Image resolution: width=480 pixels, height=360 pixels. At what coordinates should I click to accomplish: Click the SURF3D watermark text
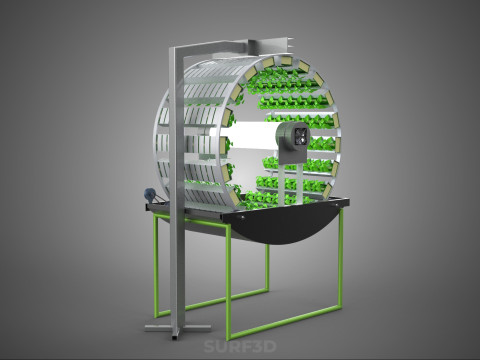240,347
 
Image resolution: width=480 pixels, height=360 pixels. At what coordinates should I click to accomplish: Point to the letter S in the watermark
209,347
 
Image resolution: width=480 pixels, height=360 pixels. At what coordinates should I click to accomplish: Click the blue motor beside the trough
149,194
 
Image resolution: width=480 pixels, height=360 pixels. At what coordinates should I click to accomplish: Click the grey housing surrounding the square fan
291,143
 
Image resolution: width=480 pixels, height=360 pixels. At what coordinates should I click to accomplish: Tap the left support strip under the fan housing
283,183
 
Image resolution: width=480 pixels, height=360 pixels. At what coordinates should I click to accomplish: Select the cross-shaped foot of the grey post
178,328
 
